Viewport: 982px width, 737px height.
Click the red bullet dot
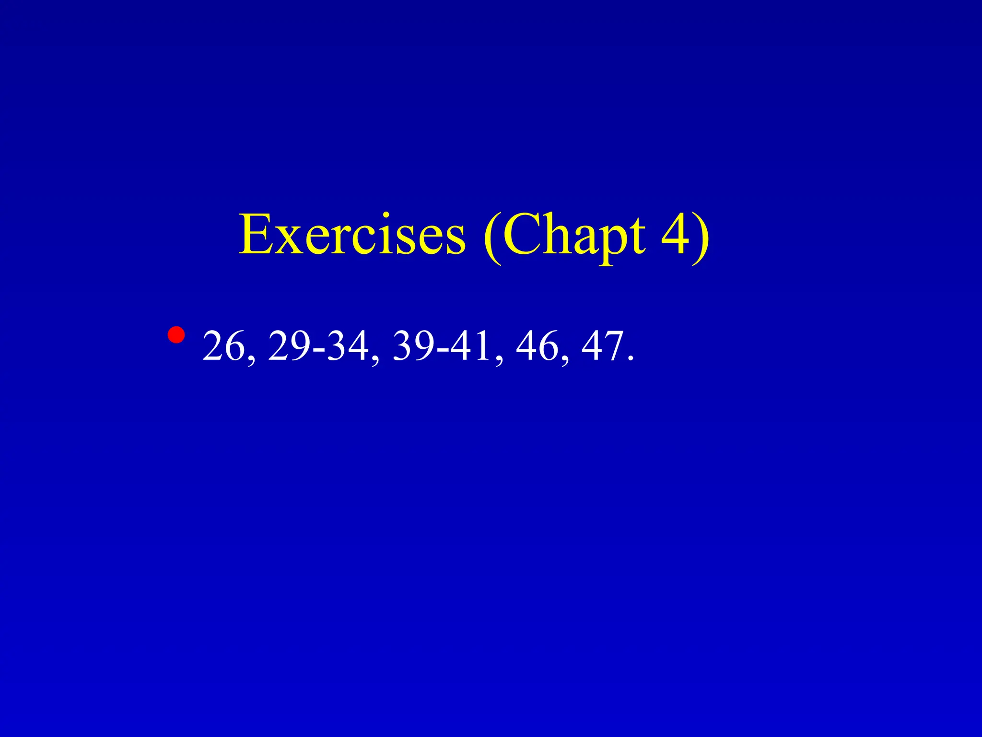coord(176,335)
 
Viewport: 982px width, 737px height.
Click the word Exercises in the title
coord(352,236)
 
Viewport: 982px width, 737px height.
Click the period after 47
coord(630,359)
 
